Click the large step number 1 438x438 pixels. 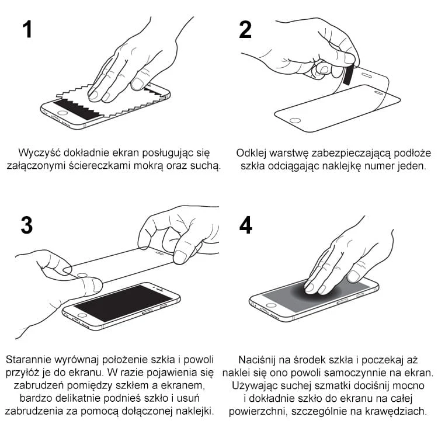click(27, 29)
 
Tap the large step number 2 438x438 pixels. click(245, 30)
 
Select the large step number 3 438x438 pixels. click(27, 225)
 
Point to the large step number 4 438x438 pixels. click(246, 225)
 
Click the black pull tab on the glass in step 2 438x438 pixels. click(348, 75)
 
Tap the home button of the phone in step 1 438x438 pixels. click(62, 113)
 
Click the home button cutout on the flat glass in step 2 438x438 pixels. click(295, 121)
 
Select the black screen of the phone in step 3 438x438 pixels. click(123, 303)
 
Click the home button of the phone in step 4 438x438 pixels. click(270, 305)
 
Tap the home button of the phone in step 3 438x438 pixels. click(82, 315)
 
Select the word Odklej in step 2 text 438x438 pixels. click(251, 153)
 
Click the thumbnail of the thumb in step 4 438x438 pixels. click(354, 276)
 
